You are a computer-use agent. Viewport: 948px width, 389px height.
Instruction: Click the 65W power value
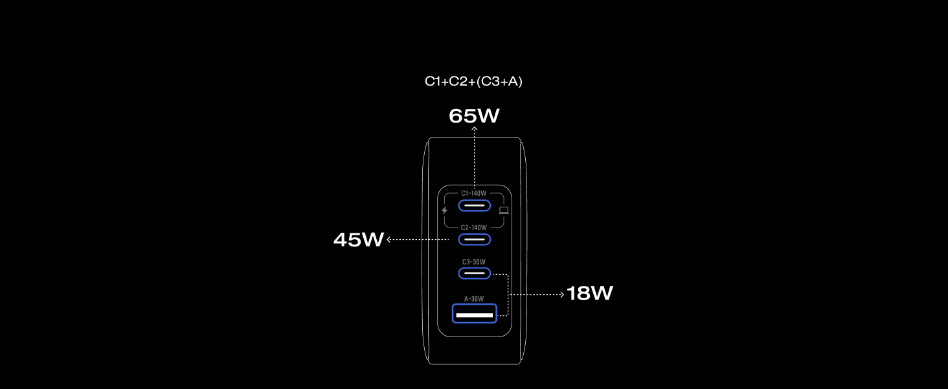[474, 115]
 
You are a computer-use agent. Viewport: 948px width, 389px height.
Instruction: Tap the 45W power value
[359, 239]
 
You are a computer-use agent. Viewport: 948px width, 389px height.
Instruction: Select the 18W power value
[589, 293]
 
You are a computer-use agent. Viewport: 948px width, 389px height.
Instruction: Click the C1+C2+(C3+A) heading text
[473, 81]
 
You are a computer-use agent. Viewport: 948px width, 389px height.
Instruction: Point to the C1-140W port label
[474, 193]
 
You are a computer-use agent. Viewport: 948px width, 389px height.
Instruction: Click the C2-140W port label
[474, 228]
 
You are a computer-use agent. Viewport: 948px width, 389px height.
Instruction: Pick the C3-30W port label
[474, 262]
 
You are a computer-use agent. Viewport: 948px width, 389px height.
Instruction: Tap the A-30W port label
[474, 299]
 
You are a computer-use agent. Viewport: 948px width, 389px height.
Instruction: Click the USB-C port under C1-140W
[475, 206]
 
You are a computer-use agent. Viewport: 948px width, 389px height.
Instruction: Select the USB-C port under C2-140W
[475, 239]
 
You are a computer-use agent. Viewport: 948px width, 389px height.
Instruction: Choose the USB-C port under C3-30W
[475, 274]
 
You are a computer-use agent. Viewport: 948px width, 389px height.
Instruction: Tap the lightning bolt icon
[444, 210]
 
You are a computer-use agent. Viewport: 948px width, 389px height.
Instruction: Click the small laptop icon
[504, 210]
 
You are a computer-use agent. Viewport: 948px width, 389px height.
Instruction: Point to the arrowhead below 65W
[475, 128]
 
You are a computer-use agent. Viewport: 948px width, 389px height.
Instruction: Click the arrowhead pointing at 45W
[389, 239]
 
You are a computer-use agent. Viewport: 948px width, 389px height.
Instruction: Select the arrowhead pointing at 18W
[563, 294]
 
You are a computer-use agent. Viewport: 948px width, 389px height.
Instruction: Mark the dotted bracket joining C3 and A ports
[508, 294]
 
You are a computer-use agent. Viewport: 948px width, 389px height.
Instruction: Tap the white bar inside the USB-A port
[475, 315]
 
